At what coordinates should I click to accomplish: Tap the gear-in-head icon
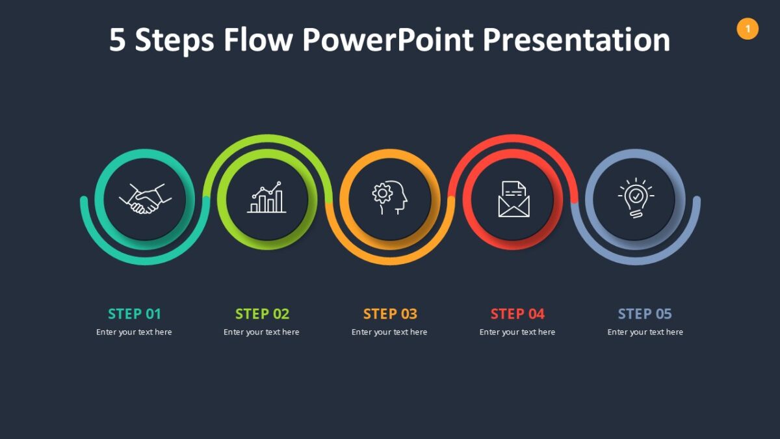point(389,198)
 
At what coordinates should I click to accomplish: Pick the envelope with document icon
point(513,199)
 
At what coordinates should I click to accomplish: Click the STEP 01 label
point(135,314)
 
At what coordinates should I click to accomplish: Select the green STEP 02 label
point(262,314)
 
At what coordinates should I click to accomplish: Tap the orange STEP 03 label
point(390,314)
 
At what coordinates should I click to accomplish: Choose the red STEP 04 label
point(517,314)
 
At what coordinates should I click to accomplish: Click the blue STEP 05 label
point(645,314)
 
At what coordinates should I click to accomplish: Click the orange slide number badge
point(747,29)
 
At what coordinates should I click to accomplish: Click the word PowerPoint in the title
point(388,40)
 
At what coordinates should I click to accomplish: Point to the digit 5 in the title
point(117,40)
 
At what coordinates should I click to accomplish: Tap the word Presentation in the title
point(577,40)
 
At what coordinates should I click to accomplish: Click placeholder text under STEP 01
point(135,332)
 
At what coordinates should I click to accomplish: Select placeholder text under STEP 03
point(390,332)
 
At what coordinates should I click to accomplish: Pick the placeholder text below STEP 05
point(645,332)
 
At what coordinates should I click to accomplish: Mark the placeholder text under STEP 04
point(517,332)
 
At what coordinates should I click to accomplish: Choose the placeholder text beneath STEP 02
point(262,332)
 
